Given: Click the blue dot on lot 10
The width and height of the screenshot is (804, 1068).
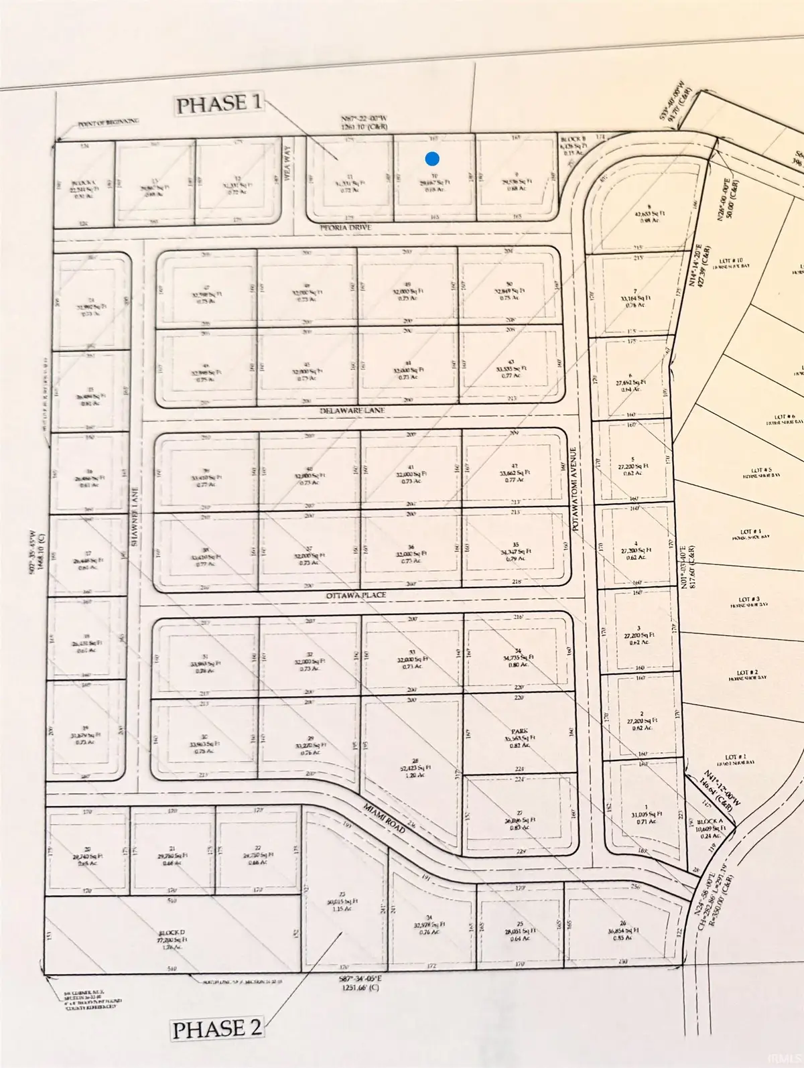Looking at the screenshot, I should tap(433, 159).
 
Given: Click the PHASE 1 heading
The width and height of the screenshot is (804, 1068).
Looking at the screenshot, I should tap(220, 105).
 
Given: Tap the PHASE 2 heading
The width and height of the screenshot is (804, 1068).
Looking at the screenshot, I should tap(217, 1028).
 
